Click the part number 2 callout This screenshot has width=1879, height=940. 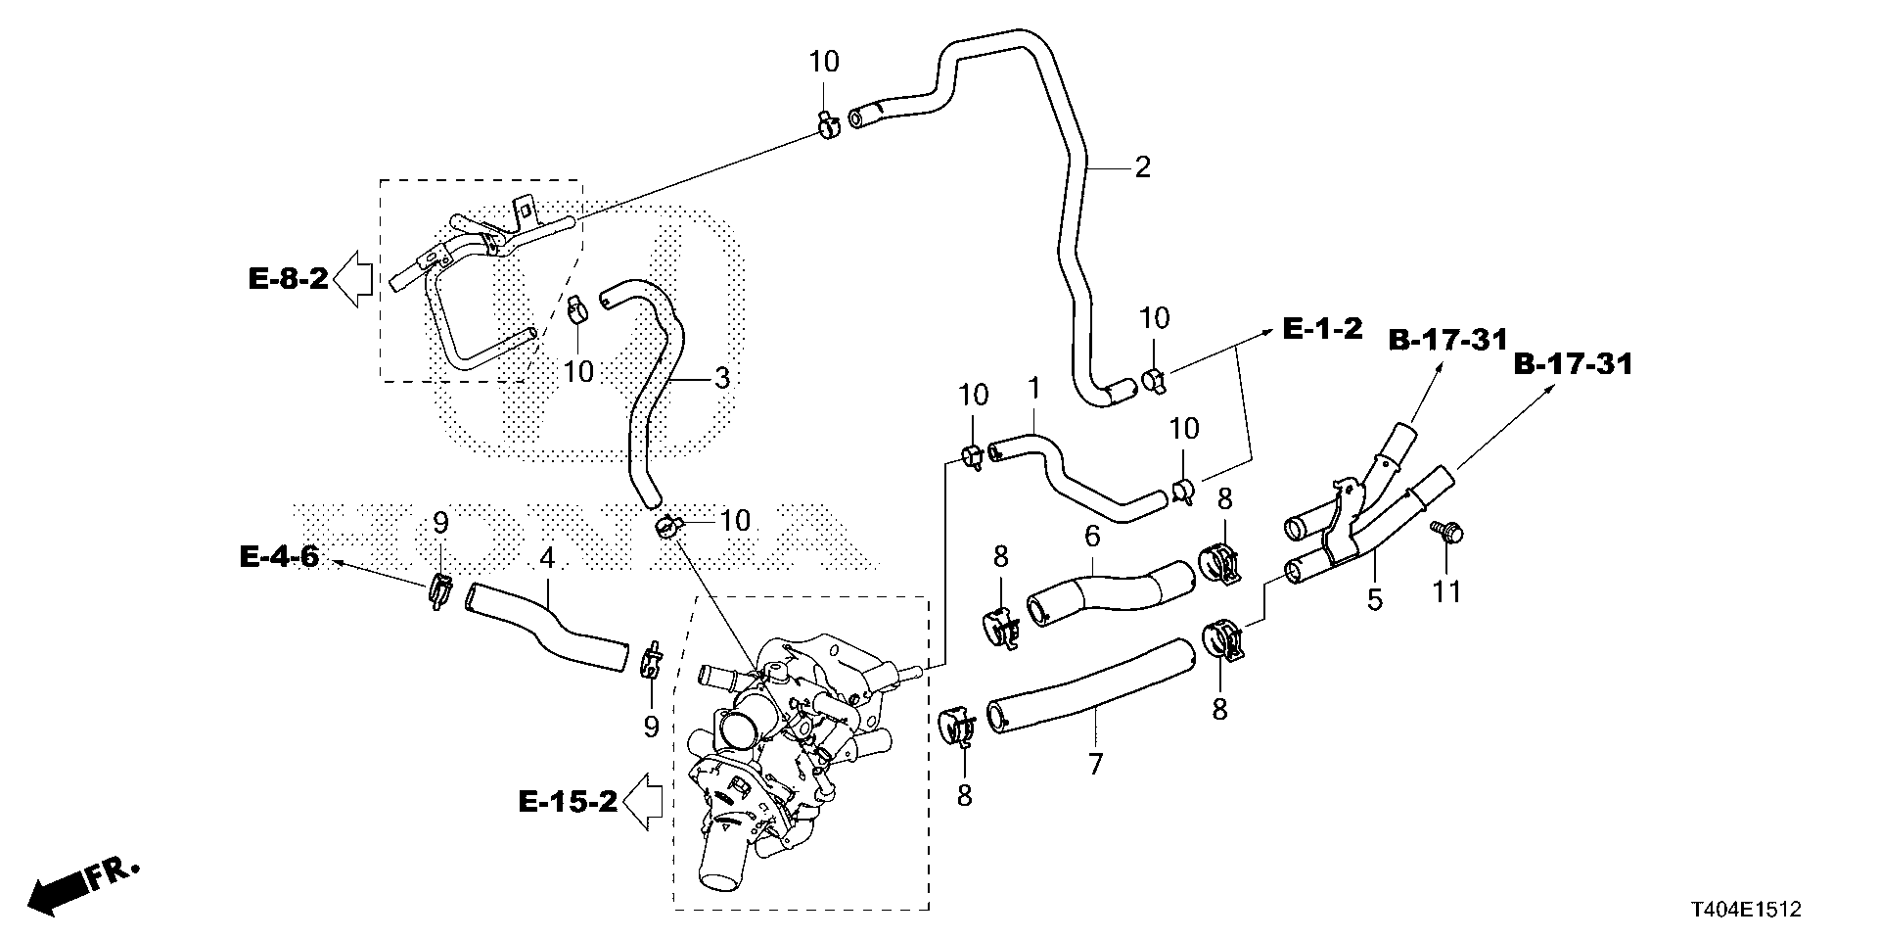click(1142, 167)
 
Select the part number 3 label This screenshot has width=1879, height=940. click(721, 378)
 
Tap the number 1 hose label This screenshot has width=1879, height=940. click(1032, 391)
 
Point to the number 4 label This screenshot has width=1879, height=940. click(547, 559)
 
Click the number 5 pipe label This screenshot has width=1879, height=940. click(1375, 599)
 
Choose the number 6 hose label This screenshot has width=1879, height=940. click(1092, 536)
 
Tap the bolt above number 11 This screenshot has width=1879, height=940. click(1445, 532)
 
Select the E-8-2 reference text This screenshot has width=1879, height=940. click(288, 280)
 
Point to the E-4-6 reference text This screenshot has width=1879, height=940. click(279, 557)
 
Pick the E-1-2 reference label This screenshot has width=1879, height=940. click(1322, 329)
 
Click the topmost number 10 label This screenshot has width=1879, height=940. click(824, 62)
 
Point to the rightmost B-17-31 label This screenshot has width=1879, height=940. click(1574, 365)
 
